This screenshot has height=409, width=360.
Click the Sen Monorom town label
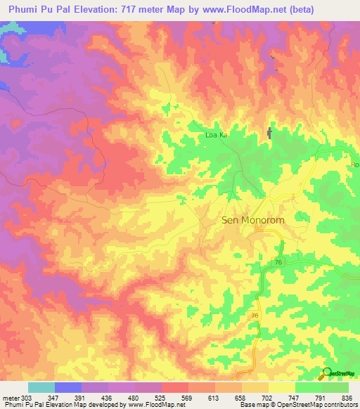(x=243, y=220)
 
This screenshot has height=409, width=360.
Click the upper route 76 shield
(x=278, y=261)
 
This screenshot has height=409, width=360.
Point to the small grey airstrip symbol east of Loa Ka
(x=269, y=133)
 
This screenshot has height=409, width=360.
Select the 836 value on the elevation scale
(x=349, y=398)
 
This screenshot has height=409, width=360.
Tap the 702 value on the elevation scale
(x=269, y=398)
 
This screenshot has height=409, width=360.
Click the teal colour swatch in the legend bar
(x=41, y=387)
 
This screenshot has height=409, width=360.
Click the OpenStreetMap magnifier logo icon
(x=327, y=372)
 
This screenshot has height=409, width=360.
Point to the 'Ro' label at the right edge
(x=354, y=164)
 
